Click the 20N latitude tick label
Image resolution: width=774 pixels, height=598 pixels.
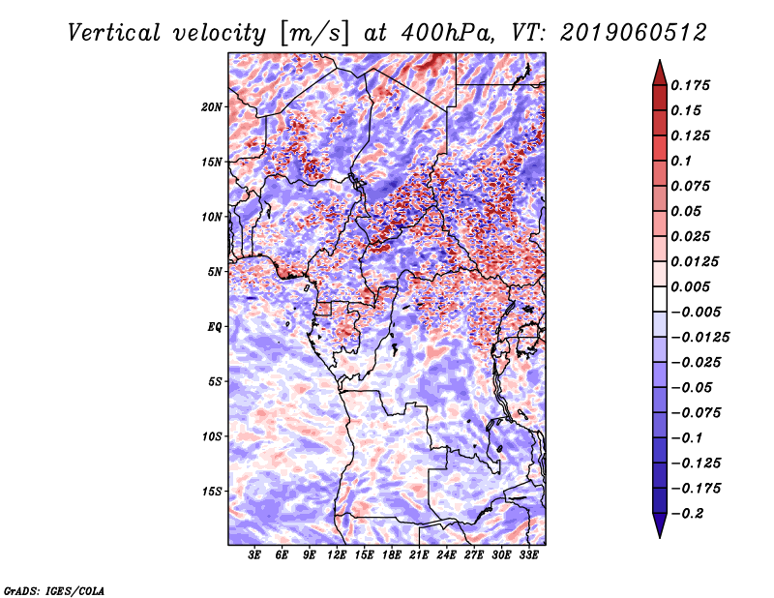click(212, 107)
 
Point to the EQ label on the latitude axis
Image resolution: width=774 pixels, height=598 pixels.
click(214, 327)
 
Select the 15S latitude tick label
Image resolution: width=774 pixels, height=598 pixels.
click(212, 492)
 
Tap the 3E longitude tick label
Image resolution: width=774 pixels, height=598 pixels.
click(254, 555)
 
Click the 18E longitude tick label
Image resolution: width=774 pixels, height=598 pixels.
click(392, 555)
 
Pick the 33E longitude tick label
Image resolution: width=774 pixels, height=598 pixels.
click(528, 555)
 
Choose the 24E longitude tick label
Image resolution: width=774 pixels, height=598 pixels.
click(446, 555)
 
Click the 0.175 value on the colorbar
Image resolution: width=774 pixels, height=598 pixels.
click(690, 85)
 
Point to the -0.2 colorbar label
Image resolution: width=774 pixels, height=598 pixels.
click(687, 514)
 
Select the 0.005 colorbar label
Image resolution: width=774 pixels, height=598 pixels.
click(690, 286)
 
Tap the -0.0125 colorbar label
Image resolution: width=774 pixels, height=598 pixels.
click(700, 338)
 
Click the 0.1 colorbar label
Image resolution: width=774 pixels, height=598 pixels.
click(681, 161)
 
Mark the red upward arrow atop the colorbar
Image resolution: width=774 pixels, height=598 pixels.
click(660, 74)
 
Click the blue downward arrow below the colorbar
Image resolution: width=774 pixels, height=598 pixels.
click(660, 524)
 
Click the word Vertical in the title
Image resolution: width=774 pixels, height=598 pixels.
click(114, 33)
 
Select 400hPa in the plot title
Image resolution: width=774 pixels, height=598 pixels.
click(447, 33)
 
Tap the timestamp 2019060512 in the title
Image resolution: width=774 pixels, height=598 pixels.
click(634, 33)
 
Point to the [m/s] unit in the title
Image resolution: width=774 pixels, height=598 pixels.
click(314, 34)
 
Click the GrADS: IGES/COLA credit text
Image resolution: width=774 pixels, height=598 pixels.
click(54, 591)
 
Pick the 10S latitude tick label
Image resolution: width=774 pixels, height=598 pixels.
click(212, 436)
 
